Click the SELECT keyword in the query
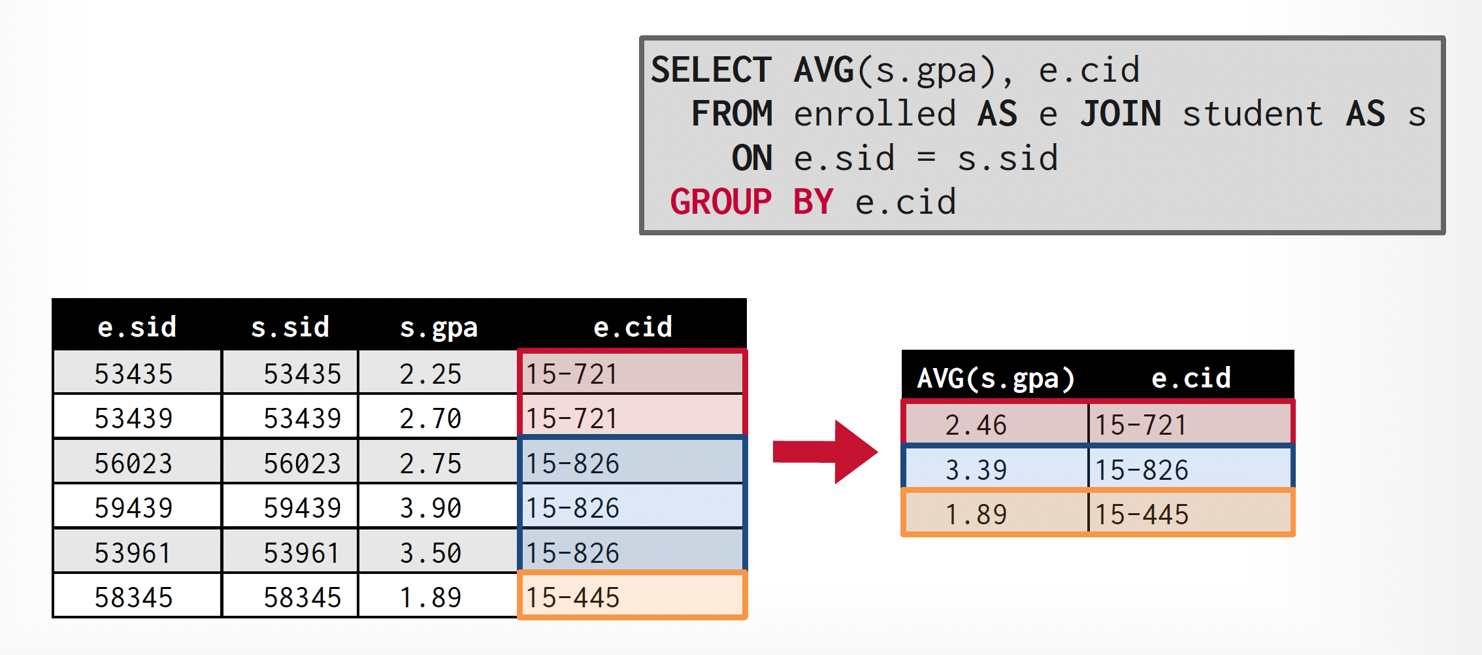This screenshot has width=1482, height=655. point(711,70)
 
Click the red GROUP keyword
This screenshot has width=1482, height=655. point(721,201)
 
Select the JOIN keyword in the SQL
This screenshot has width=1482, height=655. point(1120,114)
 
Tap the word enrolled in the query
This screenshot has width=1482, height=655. point(874,114)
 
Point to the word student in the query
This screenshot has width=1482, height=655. point(1252,114)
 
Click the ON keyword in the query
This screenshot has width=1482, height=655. point(751,158)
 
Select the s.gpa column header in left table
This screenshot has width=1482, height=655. point(438,327)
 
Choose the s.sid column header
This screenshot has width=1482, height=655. point(290,327)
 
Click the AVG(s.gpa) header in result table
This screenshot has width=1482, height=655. point(995,378)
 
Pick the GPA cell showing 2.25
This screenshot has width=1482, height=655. point(431,374)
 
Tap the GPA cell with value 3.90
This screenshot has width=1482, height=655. point(431,508)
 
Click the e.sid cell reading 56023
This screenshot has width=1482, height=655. point(134,463)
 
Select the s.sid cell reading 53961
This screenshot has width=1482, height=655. point(302,553)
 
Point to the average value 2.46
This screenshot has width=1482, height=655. point(976,425)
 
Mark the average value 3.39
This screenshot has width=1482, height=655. point(976,470)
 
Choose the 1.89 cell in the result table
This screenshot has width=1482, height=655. point(976,514)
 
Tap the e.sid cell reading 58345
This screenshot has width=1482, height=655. point(134,597)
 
